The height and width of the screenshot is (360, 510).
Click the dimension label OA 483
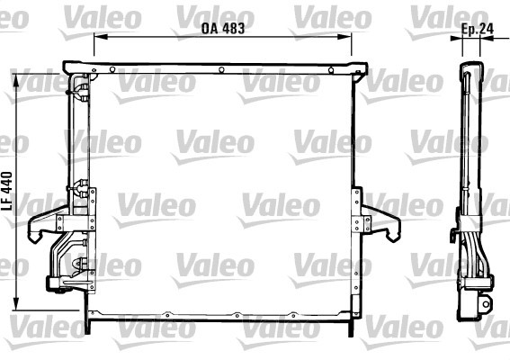tap(223, 28)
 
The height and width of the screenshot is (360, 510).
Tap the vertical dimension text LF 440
tap(7, 191)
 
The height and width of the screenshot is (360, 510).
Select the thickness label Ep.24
tap(478, 29)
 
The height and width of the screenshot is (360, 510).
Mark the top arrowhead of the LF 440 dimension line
tap(16, 81)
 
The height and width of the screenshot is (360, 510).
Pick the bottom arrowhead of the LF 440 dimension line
tap(16, 303)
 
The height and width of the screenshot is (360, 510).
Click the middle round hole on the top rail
tap(221, 69)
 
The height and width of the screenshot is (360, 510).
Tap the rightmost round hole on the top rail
tap(331, 70)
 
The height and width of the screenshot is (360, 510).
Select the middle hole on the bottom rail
tap(237, 315)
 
